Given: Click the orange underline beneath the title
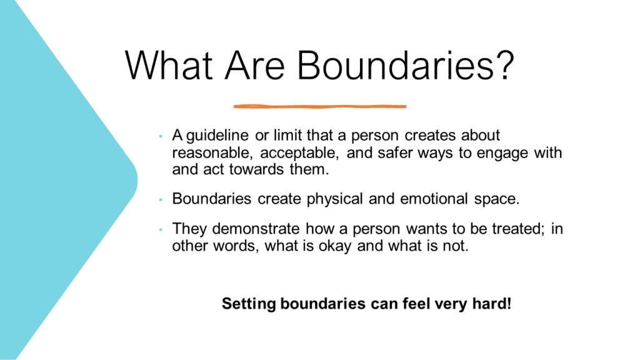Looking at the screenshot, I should (x=319, y=106).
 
